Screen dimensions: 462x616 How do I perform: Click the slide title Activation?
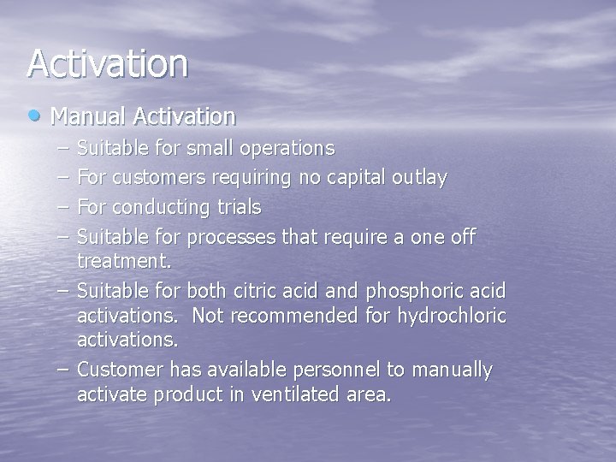coord(107,64)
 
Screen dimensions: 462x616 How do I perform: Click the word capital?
coord(358,178)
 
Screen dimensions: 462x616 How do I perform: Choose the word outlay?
coord(419,178)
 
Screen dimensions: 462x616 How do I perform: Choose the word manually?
coord(453,370)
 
